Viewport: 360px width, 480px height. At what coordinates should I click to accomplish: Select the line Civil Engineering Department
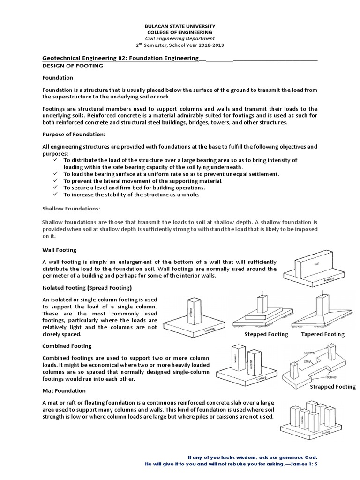coord(180,38)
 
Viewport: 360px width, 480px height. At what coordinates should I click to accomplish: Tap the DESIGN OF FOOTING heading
coord(72,66)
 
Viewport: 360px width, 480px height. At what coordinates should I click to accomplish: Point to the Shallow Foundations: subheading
coord(71,208)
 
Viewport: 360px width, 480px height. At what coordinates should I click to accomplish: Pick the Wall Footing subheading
coord(59,250)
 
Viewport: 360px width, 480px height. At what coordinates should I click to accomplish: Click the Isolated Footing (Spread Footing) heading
coord(87,287)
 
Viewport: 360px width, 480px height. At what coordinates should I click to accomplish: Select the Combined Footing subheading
coord(67,346)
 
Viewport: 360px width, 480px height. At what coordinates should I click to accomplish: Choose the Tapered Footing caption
coord(322,334)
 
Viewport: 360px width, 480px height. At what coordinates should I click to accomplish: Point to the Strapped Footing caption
coord(333,387)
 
